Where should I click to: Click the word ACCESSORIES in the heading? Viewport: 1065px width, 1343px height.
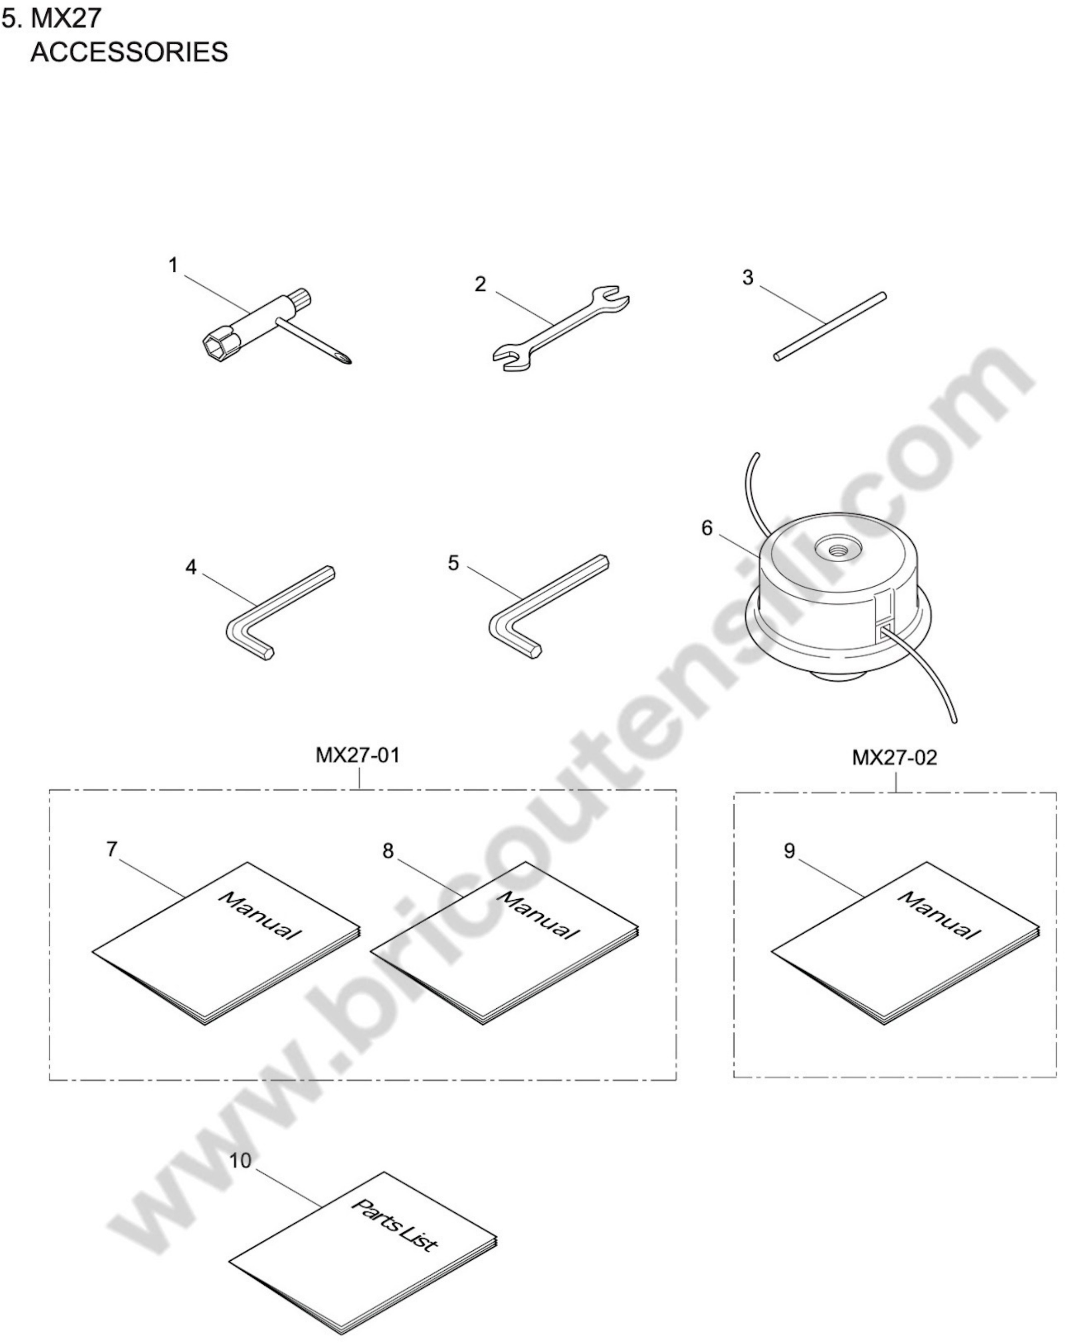point(129,52)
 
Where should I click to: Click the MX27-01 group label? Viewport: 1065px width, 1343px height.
point(358,756)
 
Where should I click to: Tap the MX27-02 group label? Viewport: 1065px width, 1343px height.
point(894,758)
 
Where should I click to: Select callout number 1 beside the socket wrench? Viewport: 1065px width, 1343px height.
point(173,266)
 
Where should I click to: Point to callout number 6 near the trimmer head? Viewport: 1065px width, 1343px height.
point(706,528)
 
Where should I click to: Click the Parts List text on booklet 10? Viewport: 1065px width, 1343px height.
point(394,1225)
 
